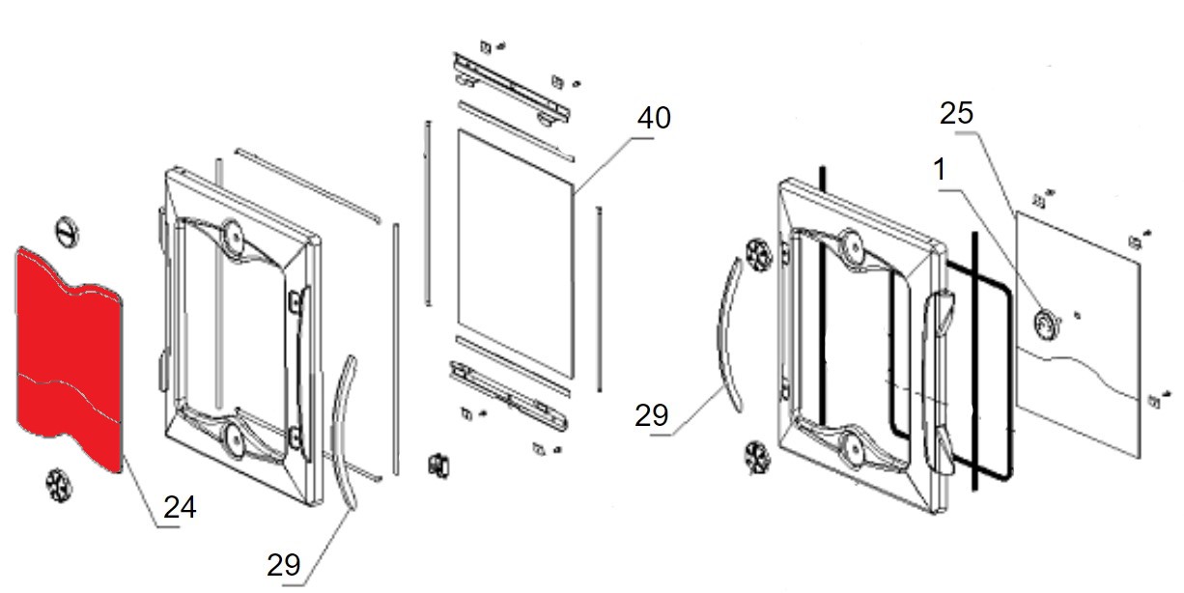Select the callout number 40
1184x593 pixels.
click(x=653, y=119)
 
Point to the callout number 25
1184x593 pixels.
click(x=956, y=114)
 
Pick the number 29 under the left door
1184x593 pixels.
click(x=284, y=565)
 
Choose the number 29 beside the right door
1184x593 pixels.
click(x=652, y=416)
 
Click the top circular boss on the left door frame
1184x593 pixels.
click(x=232, y=234)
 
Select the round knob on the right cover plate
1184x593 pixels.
click(x=1046, y=323)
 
